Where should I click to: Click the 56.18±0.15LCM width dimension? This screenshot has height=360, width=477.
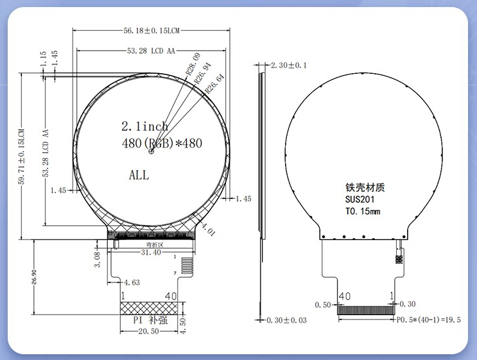click(x=151, y=30)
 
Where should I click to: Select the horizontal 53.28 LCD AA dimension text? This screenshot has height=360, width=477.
click(x=151, y=50)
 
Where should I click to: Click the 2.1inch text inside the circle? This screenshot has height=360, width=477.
click(x=144, y=126)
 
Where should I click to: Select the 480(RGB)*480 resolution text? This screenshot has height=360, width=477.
click(x=161, y=143)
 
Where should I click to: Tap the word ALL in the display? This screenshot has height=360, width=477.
click(x=139, y=175)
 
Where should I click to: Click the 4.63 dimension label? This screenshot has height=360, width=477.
click(x=132, y=282)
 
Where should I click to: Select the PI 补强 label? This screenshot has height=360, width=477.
click(x=150, y=320)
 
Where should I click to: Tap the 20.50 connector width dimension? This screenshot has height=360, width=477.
click(x=150, y=330)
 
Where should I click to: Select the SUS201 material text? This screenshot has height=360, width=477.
click(x=360, y=200)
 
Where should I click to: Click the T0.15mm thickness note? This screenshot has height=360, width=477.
click(x=363, y=211)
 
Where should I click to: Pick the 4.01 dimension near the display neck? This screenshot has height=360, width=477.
click(x=207, y=229)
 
